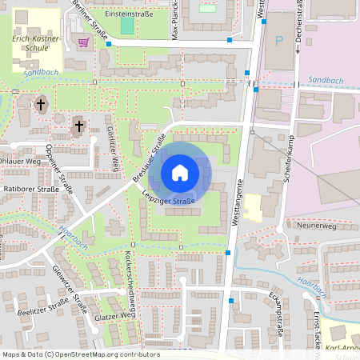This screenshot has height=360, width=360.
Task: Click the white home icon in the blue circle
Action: click(180, 172)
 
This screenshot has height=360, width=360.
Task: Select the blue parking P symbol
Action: click(278, 40)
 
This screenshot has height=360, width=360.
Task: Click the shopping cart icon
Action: click(83, 42)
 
